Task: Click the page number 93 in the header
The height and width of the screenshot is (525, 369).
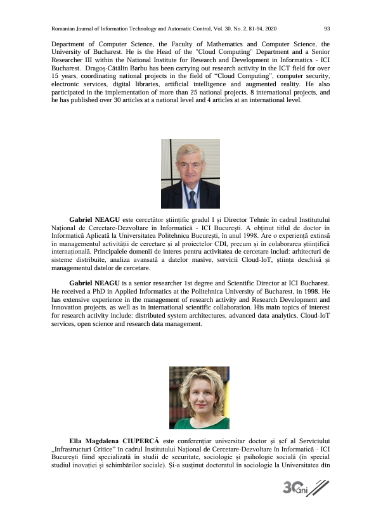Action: tap(327, 29)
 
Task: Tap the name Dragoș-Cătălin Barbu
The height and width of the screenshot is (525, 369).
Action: tap(110, 67)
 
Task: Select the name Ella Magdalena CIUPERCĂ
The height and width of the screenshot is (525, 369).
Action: tap(115, 440)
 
